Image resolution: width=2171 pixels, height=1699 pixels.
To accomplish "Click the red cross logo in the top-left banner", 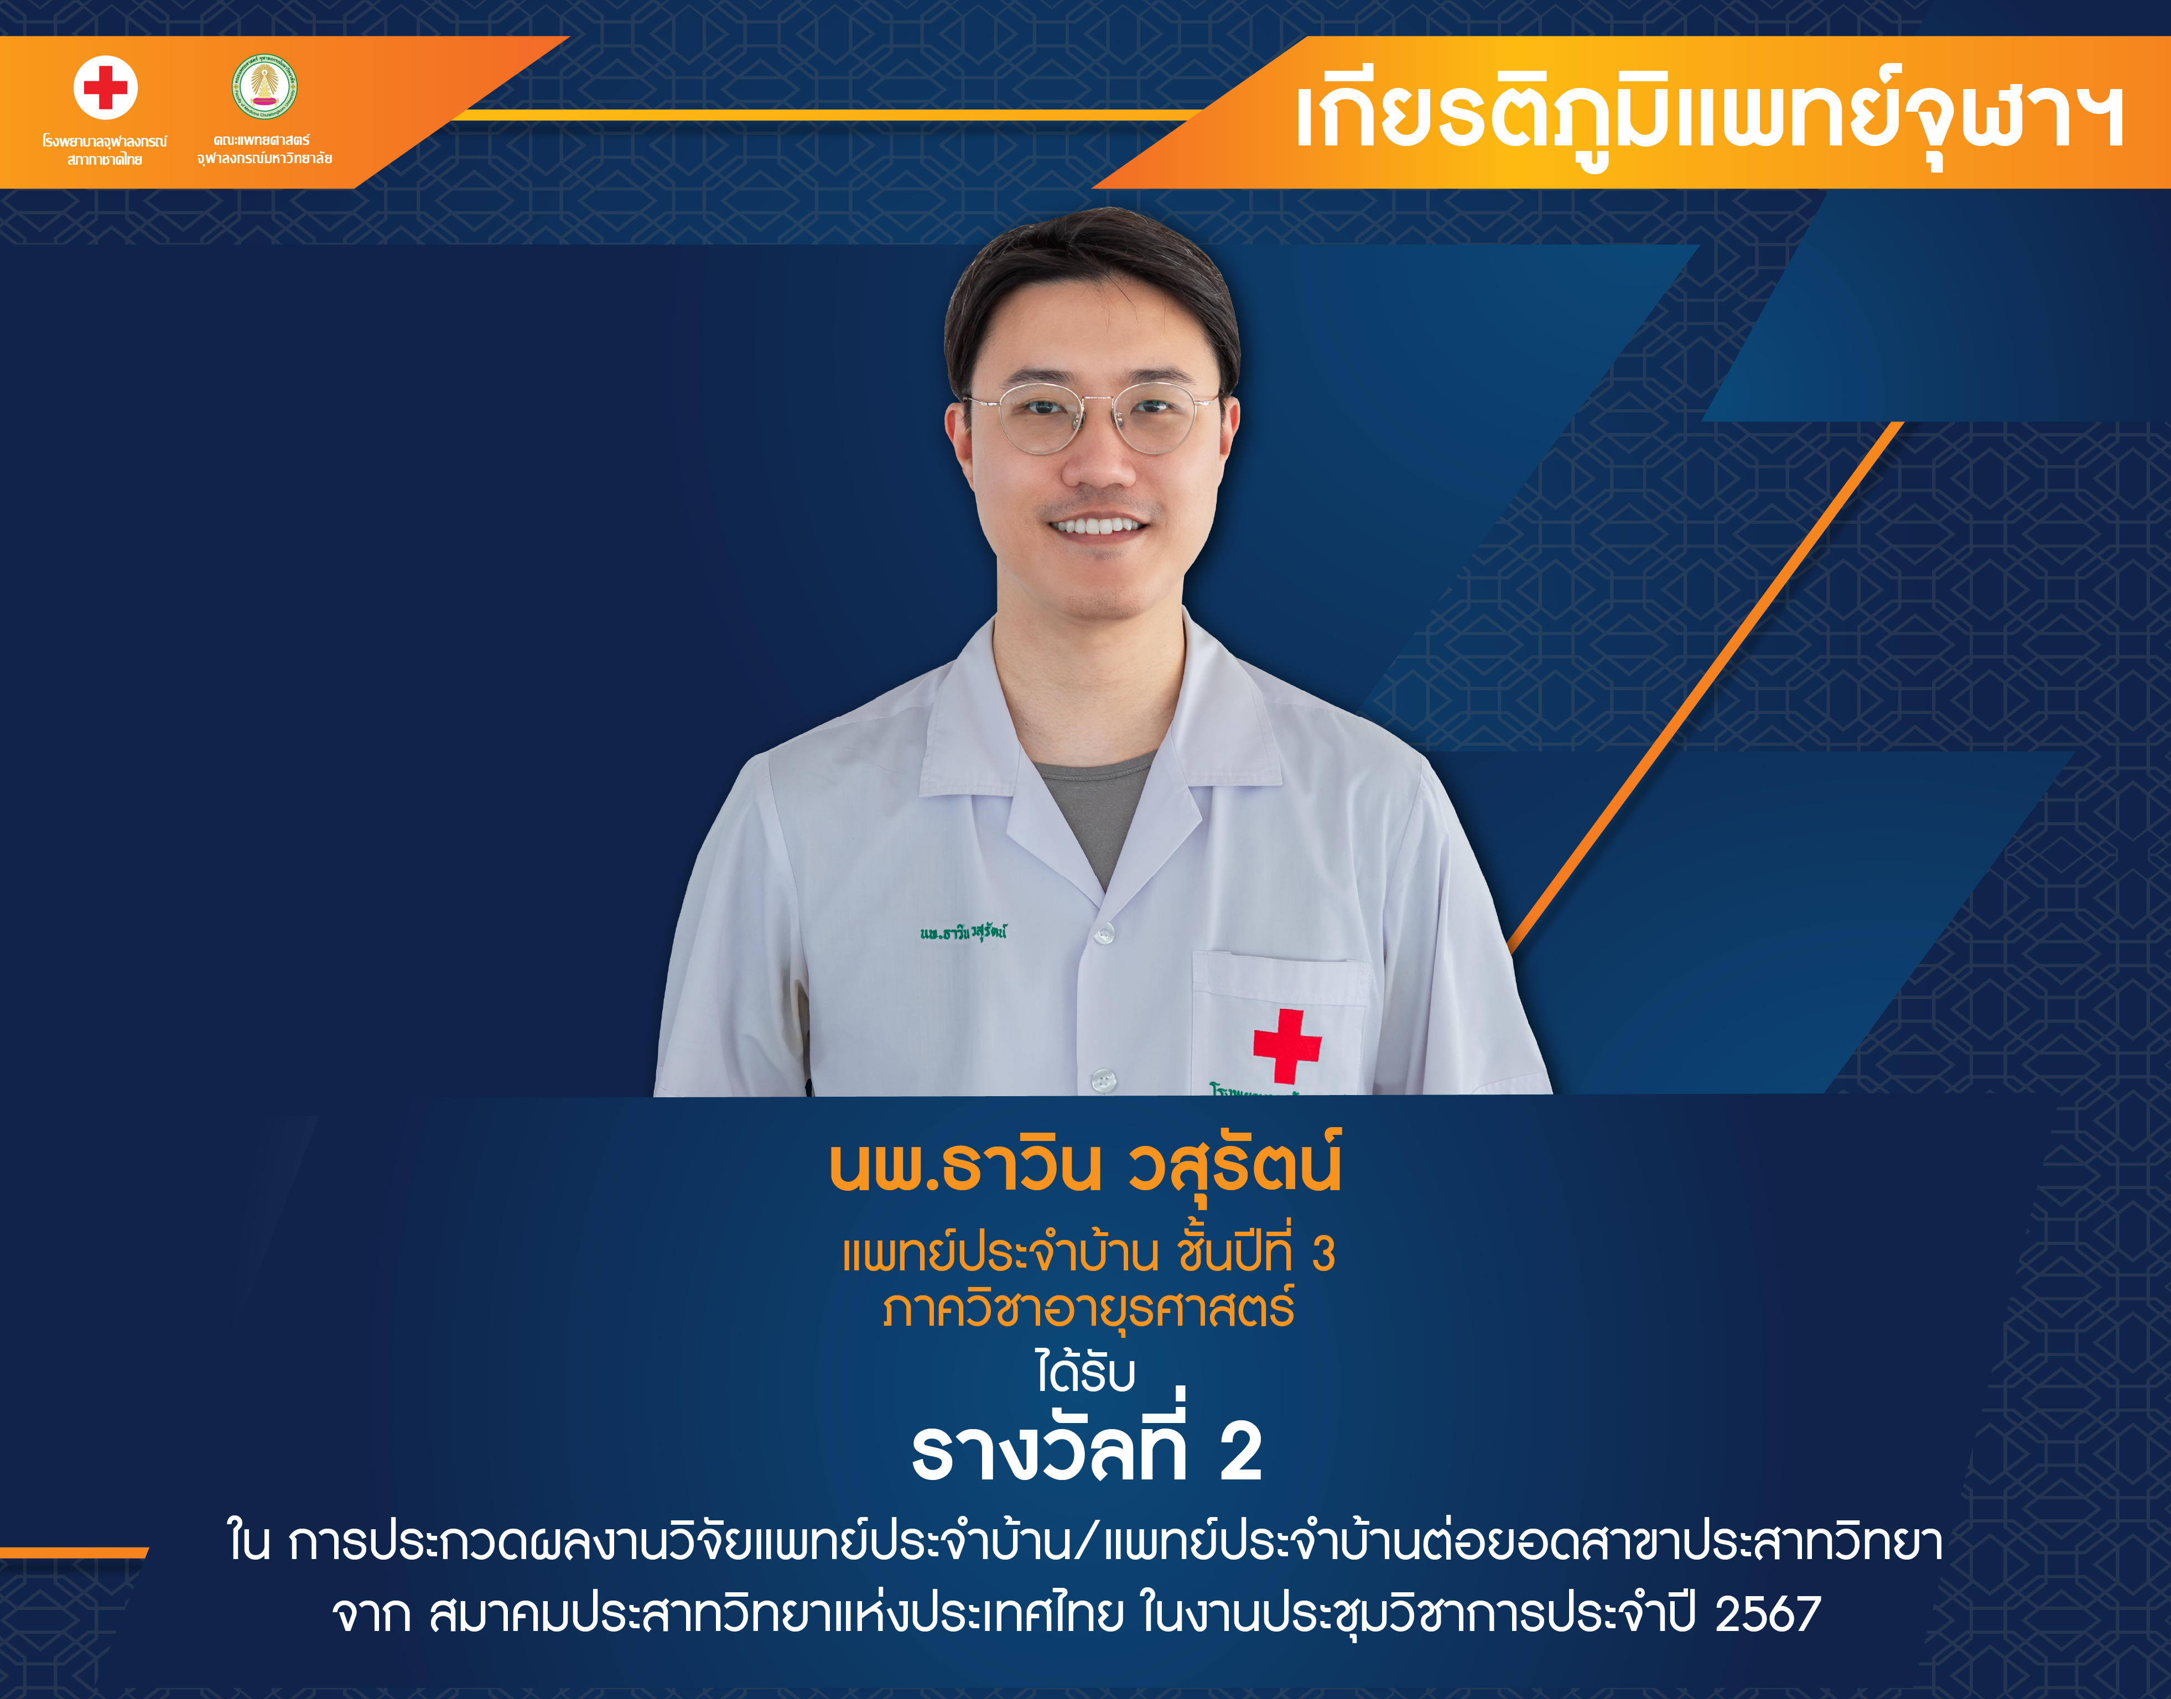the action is tap(106, 87).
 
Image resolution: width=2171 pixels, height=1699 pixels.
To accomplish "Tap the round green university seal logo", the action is tap(264, 86).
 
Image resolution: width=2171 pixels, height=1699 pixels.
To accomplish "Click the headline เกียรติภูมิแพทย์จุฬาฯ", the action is tap(1710, 117).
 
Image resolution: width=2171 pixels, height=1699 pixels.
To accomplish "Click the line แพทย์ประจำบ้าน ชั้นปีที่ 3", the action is tap(1088, 1252).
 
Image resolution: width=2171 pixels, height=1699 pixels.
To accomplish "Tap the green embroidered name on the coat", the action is tap(963, 932).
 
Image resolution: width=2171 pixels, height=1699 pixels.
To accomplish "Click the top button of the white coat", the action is tap(1103, 933).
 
